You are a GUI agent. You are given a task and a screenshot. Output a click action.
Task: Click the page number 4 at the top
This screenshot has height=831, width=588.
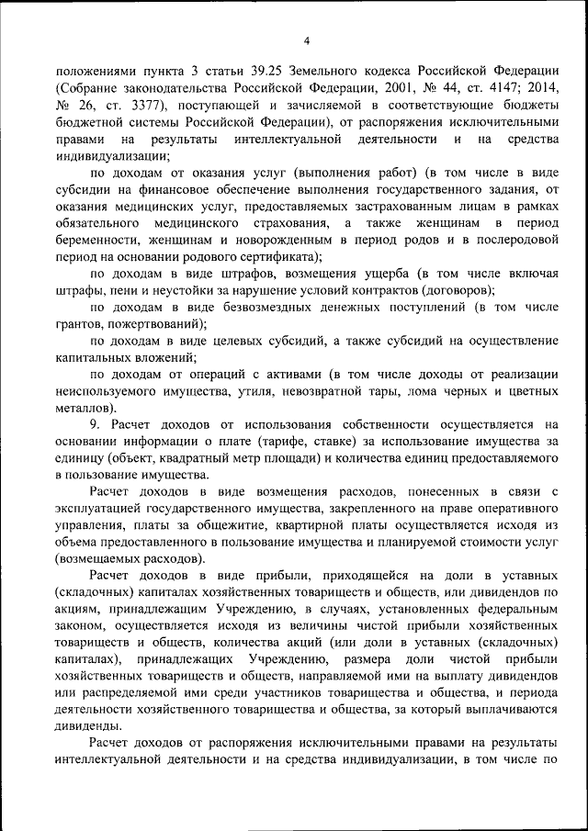307,39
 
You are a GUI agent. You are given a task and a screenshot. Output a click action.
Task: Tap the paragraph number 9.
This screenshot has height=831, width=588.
95,424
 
